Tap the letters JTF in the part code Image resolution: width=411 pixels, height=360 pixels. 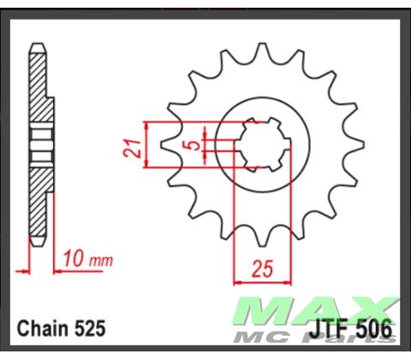pos(326,329)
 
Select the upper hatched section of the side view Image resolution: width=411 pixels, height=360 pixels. pos(39,86)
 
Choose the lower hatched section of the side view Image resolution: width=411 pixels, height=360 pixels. pos(39,201)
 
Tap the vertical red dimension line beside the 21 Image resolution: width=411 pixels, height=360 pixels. pos(148,146)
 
